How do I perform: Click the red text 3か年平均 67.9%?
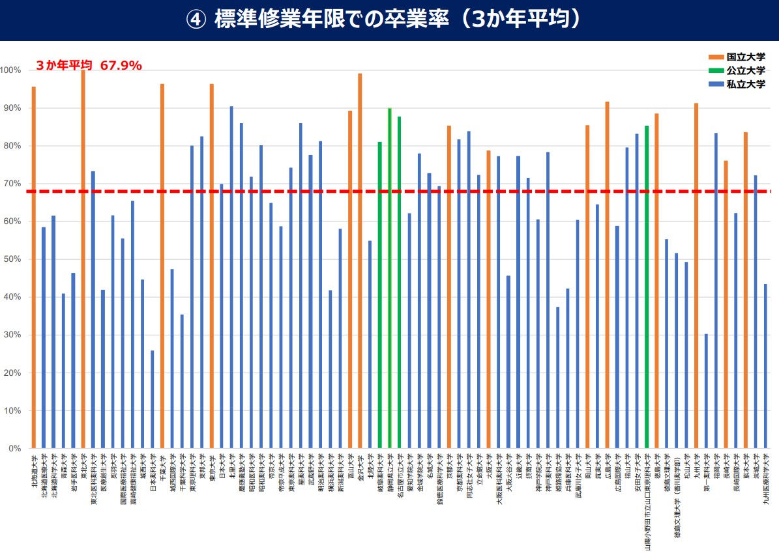pyautogui.click(x=89, y=65)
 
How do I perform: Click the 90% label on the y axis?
pyautogui.click(x=12, y=107)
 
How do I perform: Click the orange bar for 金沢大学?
pyautogui.click(x=360, y=261)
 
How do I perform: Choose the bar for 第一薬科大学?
pyautogui.click(x=706, y=391)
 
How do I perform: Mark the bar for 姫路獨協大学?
pyautogui.click(x=557, y=377)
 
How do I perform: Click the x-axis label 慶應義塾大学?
pyautogui.click(x=242, y=479)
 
